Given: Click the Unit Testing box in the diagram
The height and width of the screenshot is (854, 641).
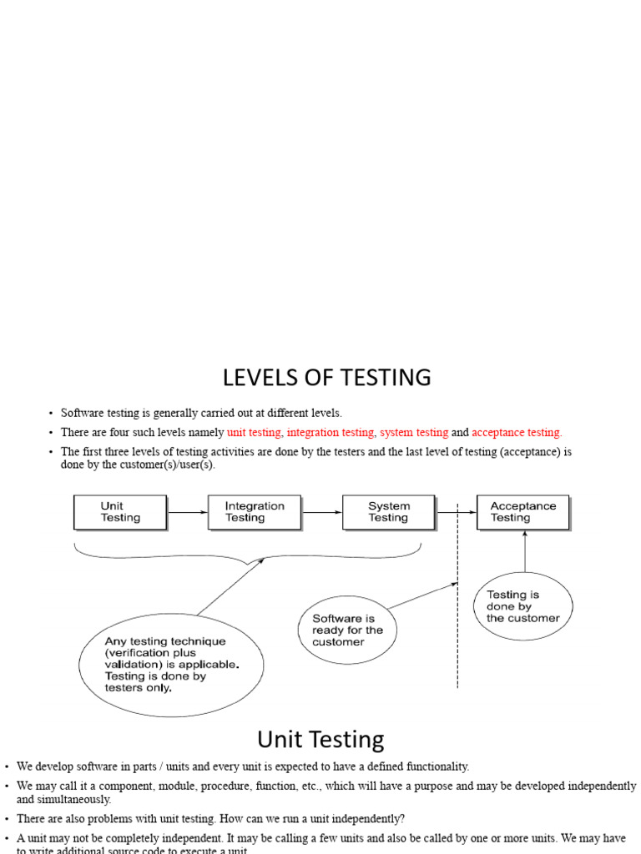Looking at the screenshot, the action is (120, 512).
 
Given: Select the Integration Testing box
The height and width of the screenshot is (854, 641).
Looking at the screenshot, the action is (254, 512).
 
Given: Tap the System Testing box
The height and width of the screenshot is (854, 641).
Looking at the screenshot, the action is (388, 512).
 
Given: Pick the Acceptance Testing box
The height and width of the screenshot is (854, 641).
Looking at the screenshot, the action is (522, 512).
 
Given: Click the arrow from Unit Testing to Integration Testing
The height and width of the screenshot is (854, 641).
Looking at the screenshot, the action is (187, 512).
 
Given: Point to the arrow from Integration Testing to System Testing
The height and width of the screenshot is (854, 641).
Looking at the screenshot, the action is (321, 512).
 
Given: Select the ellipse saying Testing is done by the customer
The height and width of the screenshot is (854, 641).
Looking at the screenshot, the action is (522, 606).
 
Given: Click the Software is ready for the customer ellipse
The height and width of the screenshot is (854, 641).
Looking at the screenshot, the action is (347, 630).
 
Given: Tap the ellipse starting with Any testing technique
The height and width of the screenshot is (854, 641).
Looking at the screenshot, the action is (171, 665).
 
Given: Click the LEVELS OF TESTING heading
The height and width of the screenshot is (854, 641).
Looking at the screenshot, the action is (326, 378).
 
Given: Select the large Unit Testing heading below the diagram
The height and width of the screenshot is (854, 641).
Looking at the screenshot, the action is (320, 740).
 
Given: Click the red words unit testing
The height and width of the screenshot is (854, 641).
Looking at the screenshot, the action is (254, 433).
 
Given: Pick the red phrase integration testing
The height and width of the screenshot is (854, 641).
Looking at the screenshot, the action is (331, 433).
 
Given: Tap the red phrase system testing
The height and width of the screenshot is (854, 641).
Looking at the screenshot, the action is (414, 433).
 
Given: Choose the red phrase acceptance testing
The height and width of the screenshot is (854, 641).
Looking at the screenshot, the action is (517, 433).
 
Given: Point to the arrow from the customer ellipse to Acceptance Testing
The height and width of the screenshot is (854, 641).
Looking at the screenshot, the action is (523, 551).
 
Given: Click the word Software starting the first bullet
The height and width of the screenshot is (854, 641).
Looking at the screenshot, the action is (82, 413).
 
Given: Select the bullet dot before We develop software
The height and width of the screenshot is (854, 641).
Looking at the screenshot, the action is (6, 766).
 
